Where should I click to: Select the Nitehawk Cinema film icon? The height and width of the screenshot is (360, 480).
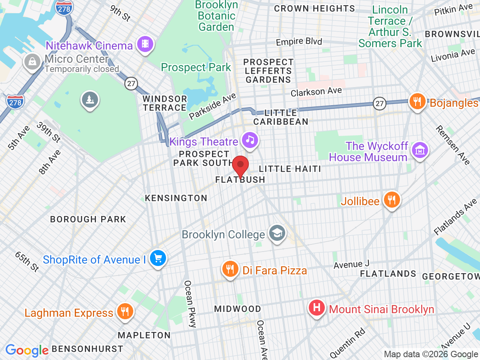(145, 44)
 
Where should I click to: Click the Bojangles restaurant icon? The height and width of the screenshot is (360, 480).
(417, 101)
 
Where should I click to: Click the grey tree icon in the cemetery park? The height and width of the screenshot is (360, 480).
(89, 99)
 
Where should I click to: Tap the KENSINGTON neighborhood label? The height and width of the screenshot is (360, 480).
(176, 198)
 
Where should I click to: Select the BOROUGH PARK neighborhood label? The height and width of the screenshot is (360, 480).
(88, 219)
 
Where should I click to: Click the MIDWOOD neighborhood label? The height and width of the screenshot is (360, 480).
(237, 309)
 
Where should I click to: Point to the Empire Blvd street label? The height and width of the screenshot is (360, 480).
(299, 42)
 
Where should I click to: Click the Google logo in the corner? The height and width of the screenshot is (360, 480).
(27, 350)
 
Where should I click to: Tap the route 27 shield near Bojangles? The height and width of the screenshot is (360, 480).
(380, 103)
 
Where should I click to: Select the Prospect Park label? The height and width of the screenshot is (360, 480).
(196, 67)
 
